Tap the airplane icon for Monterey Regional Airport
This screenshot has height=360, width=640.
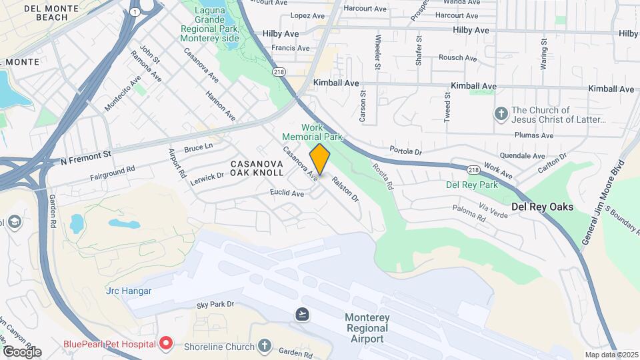tap(303, 314)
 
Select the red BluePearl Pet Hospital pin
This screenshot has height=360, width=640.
tap(166, 344)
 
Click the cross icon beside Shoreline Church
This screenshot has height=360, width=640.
tap(265, 346)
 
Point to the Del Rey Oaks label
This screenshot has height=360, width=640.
tap(542, 207)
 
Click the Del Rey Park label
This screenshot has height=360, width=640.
tap(472, 184)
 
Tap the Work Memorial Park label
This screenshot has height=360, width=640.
tap(321, 132)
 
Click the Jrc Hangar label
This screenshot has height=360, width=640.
tap(129, 291)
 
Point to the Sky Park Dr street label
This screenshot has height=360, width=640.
tap(216, 305)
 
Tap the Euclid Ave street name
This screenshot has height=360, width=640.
tap(287, 193)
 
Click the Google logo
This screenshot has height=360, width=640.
tap(22, 351)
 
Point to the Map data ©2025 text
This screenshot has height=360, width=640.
tap(610, 355)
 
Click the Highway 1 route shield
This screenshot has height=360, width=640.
tap(135, 12)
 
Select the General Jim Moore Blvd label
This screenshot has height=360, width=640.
tap(602, 202)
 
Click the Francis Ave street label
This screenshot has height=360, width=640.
tap(291, 48)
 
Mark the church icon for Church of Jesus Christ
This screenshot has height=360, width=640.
tap(501, 115)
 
